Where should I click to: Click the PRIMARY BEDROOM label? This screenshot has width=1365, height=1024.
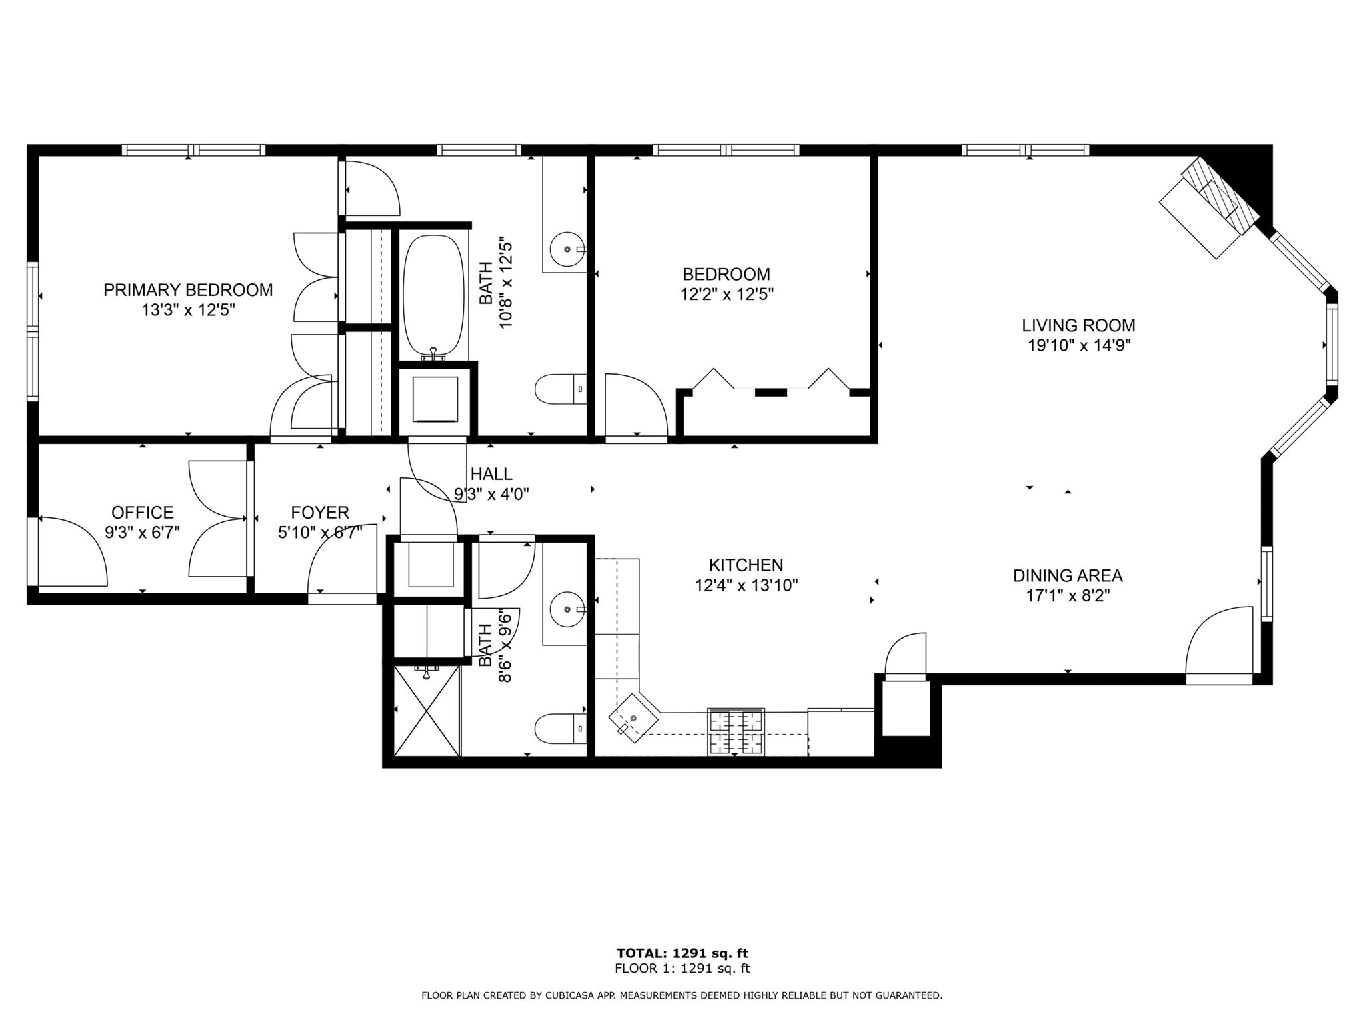188,290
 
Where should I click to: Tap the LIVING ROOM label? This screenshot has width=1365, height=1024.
1078,325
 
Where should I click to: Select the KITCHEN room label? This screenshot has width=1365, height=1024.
746,565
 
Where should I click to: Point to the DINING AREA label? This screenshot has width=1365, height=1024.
1068,575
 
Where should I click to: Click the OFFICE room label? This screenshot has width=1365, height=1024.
143,512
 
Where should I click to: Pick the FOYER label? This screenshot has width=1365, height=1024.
320,512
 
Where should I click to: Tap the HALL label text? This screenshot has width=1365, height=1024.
491,474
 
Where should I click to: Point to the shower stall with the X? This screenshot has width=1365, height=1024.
427,710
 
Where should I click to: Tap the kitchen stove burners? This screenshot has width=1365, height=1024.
736,732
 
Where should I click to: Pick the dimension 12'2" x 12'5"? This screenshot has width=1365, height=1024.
727,294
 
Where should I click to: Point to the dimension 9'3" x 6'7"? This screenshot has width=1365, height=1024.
143,533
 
